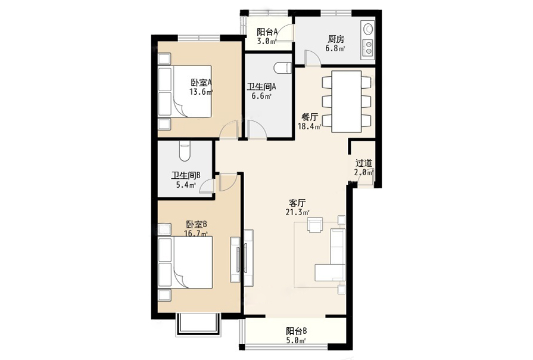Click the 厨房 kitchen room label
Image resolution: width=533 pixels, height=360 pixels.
[336, 39]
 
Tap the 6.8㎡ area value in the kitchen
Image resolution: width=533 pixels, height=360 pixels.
[335, 48]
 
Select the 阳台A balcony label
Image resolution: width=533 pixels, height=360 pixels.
[267, 32]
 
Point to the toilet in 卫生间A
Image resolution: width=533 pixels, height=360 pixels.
[283, 68]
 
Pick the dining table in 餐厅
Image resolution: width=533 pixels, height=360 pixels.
[347, 101]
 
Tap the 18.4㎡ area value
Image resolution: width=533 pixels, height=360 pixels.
[309, 126]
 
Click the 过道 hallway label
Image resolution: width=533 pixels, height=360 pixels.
[364, 163]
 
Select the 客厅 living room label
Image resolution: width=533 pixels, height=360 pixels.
[297, 203]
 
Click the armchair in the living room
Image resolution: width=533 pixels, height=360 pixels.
[314, 225]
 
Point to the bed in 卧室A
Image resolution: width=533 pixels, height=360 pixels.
[185, 92]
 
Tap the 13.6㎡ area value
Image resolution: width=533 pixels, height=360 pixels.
[201, 92]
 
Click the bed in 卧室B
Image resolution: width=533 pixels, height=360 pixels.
[185, 262]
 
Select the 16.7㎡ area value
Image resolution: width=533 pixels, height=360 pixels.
[196, 234]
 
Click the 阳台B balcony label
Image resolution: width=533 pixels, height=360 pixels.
[297, 331]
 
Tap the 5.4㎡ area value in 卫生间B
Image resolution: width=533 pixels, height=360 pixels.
[186, 185]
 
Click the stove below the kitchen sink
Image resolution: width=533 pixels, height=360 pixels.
[368, 48]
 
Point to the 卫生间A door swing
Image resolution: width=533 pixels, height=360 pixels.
[257, 129]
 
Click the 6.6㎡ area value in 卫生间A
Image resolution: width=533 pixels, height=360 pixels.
[261, 96]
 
